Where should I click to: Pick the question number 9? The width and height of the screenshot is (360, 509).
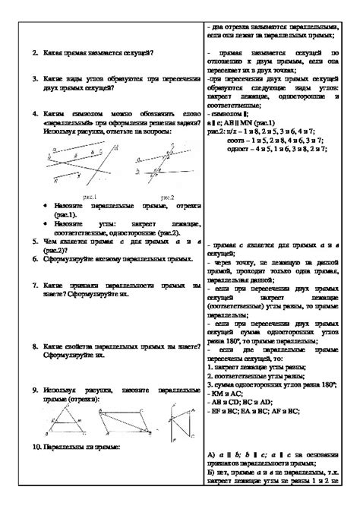pyautogui.click(x=36, y=389)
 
